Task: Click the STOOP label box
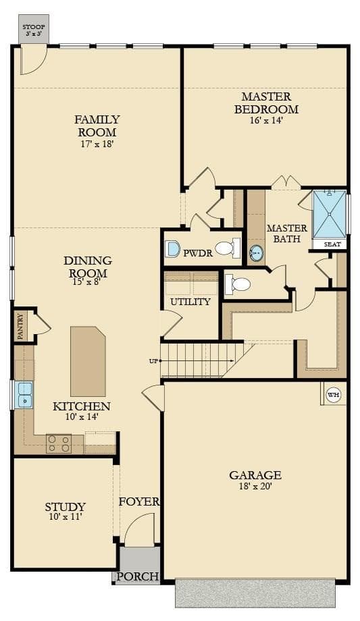tap(34, 29)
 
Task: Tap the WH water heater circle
tap(333, 395)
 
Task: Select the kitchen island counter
tap(88, 361)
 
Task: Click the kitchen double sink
tap(24, 395)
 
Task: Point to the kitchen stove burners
tap(59, 443)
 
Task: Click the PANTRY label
tap(20, 327)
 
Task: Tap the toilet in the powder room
tap(228, 248)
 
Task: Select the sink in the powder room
tap(172, 248)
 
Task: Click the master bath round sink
tap(257, 252)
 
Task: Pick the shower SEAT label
tap(332, 244)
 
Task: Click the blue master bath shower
tap(330, 214)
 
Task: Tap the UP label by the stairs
tap(153, 361)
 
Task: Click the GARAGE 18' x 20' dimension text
tap(255, 487)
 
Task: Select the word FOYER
tap(139, 502)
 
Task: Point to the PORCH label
tap(138, 576)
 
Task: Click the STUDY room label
tap(66, 506)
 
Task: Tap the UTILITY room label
tap(190, 302)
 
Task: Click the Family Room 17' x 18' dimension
tap(97, 143)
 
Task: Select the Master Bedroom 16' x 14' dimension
tap(266, 120)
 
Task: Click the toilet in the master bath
tap(238, 283)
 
